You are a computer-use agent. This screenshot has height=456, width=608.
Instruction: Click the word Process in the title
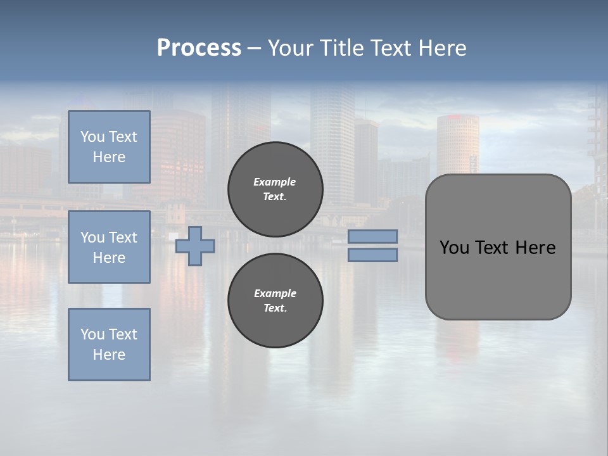199,48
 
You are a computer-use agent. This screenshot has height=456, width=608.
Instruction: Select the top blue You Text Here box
109,147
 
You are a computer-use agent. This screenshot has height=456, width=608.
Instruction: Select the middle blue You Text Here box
109,247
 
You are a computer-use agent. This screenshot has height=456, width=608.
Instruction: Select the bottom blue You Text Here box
109,345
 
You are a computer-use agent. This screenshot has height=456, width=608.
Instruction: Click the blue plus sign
195,246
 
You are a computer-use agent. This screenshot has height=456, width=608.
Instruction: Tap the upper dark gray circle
275,189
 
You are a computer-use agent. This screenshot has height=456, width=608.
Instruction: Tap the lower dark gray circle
275,301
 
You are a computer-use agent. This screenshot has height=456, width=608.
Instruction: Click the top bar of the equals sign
372,237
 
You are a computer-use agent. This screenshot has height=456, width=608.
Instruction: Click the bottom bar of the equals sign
372,255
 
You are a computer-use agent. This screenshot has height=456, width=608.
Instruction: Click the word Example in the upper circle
275,182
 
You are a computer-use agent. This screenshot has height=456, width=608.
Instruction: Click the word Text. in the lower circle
275,308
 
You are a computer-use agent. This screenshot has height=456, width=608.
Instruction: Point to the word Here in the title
443,48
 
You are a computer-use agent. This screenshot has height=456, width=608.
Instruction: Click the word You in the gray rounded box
454,248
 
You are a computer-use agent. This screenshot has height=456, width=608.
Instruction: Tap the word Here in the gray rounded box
535,248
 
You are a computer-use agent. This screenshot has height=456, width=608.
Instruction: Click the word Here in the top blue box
109,157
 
